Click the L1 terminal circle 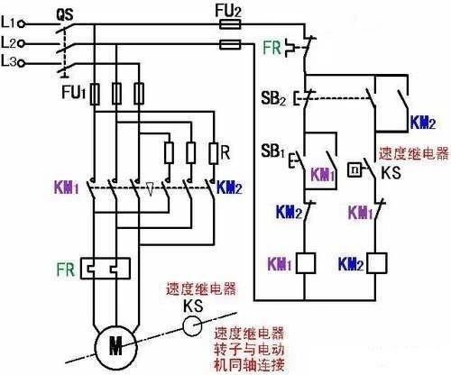pyautogui.click(x=21, y=24)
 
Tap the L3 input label pyautogui.click(x=8, y=61)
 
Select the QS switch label pyautogui.click(x=65, y=14)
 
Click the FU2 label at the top pyautogui.click(x=228, y=12)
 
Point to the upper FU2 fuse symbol pyautogui.click(x=230, y=24)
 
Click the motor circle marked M pyautogui.click(x=115, y=348)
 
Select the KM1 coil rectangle pyautogui.click(x=306, y=263)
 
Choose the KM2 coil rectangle pyautogui.click(x=376, y=263)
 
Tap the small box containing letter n pyautogui.click(x=354, y=169)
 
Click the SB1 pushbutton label pyautogui.click(x=272, y=151)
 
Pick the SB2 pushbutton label pyautogui.click(x=273, y=98)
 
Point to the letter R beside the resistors pyautogui.click(x=225, y=152)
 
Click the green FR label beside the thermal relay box pyautogui.click(x=66, y=270)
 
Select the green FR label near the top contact pyautogui.click(x=272, y=48)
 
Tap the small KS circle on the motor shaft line pyautogui.click(x=192, y=326)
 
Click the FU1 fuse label pyautogui.click(x=74, y=92)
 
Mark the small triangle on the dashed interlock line pyautogui.click(x=150, y=189)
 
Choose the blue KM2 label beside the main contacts pyautogui.click(x=229, y=187)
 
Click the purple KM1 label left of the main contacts pyautogui.click(x=67, y=187)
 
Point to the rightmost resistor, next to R pyautogui.click(x=213, y=153)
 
